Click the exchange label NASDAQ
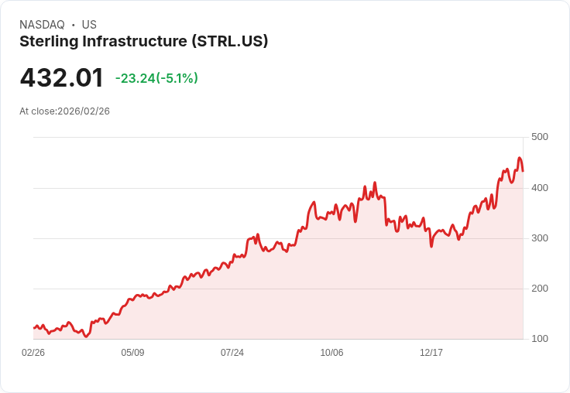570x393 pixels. [42, 25]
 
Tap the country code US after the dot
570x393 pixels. [89, 25]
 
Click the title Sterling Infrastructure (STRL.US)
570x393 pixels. [144, 42]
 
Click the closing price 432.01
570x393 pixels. [62, 78]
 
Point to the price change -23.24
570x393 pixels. [136, 78]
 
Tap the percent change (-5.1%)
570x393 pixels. [177, 78]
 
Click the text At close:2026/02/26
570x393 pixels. [65, 111]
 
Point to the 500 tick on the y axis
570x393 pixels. [539, 137]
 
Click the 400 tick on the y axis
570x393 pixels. [539, 187]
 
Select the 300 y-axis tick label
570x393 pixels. [539, 238]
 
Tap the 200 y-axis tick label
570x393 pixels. [539, 288]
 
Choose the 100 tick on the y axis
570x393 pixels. [539, 339]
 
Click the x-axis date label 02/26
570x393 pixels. [33, 353]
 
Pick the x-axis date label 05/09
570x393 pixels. [132, 353]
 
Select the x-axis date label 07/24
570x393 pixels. [232, 353]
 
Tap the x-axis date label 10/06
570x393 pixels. [331, 353]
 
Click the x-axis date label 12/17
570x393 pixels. [431, 353]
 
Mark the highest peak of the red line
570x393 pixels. [520, 158]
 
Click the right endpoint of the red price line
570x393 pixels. [523, 171]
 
